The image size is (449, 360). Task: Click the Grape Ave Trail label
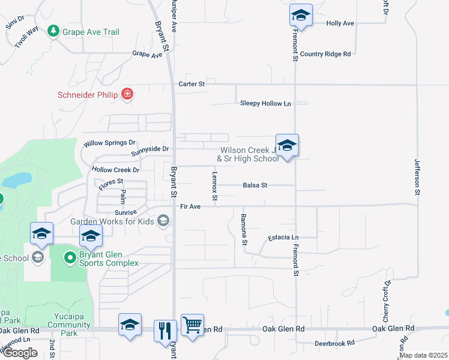[92, 32]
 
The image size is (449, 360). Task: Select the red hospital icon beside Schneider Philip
[127, 94]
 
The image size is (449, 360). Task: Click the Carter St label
[191, 84]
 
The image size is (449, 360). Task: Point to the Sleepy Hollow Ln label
[265, 103]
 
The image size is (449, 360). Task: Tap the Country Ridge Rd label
[325, 54]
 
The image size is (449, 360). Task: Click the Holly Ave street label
[340, 23]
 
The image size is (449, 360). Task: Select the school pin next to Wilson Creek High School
[288, 146]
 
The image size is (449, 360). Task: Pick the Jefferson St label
[416, 177]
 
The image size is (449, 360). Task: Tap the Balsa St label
[255, 185]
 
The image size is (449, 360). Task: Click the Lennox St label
[214, 186]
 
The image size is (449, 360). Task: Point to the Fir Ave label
[190, 206]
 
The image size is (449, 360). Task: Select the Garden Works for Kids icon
[163, 221]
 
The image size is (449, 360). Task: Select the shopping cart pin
[192, 325]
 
